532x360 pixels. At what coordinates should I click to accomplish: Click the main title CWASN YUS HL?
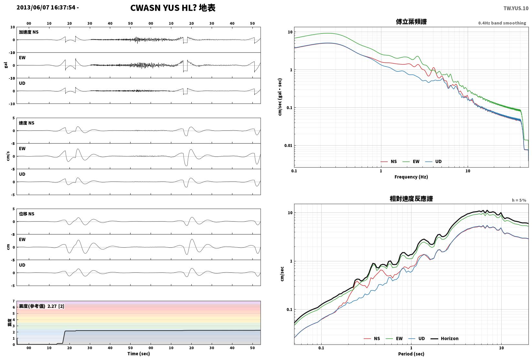(164, 8)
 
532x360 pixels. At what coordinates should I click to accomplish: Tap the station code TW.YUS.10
(516, 8)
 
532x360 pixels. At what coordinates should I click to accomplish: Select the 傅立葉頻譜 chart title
(411, 22)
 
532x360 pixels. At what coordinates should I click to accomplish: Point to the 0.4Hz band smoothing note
(502, 23)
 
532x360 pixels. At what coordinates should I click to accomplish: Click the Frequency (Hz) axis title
(411, 177)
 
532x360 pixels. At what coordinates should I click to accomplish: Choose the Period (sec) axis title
(411, 354)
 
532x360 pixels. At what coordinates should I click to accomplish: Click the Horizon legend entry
(445, 338)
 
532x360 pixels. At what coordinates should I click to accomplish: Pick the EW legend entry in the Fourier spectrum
(411, 162)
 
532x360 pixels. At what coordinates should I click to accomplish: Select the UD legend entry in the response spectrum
(417, 338)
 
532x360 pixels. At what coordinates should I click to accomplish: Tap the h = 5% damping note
(519, 200)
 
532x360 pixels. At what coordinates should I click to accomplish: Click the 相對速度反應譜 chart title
(411, 199)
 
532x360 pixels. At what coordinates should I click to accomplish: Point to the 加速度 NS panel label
(29, 32)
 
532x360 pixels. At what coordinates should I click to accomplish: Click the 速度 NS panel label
(27, 123)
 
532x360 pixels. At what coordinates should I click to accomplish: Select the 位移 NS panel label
(27, 214)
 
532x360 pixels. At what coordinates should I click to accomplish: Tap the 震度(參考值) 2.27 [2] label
(42, 306)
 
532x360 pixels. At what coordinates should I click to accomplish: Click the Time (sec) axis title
(139, 354)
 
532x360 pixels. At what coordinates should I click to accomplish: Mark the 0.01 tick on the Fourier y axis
(288, 146)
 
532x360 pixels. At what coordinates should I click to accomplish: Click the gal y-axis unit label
(6, 65)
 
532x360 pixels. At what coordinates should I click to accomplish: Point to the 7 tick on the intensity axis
(14, 301)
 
